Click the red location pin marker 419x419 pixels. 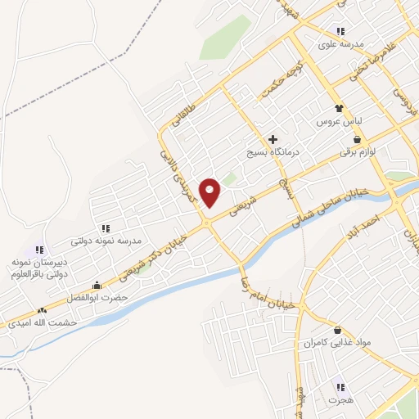(211, 192)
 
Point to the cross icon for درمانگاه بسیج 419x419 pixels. (273, 139)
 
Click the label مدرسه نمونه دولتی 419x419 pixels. (106, 241)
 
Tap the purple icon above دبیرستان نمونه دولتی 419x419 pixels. (38, 250)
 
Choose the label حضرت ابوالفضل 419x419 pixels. (97, 298)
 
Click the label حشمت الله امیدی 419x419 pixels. (41, 323)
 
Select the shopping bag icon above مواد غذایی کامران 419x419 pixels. (337, 330)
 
